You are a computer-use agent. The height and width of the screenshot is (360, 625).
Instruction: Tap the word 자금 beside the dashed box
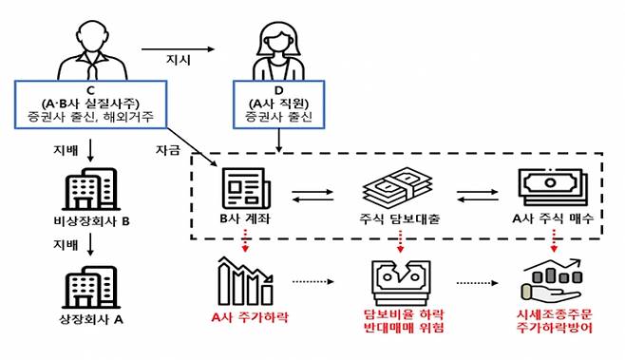pos(166,151)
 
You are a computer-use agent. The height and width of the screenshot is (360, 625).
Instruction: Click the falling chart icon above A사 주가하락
pos(245,280)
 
